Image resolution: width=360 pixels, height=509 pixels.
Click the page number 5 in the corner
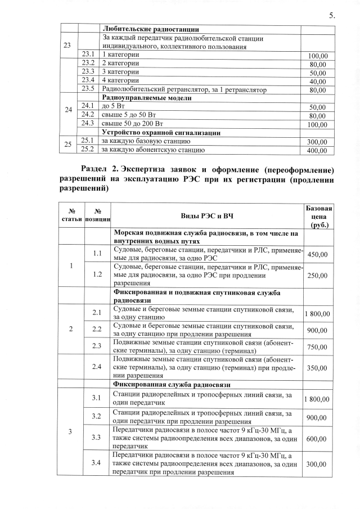tap(331, 15)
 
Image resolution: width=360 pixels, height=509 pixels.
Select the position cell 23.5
tap(87, 89)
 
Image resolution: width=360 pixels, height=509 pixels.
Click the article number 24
tap(67, 110)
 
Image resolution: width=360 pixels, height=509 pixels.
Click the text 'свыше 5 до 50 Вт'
tap(129, 115)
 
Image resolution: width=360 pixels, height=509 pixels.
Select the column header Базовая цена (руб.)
tap(318, 216)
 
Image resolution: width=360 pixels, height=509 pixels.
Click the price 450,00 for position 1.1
tap(318, 254)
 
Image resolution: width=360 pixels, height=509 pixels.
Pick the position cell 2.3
tap(96, 347)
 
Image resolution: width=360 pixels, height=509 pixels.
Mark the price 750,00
tap(318, 347)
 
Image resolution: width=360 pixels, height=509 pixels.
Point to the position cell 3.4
tap(96, 463)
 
